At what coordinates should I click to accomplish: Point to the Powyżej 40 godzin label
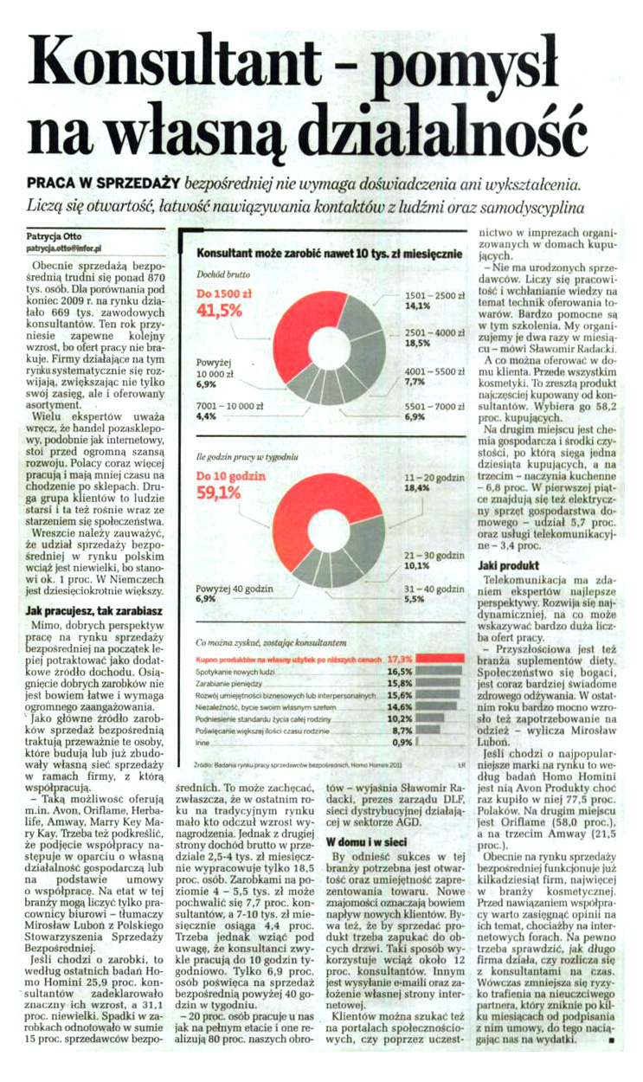click(x=220, y=589)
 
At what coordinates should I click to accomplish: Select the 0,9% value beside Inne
click(x=402, y=742)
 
